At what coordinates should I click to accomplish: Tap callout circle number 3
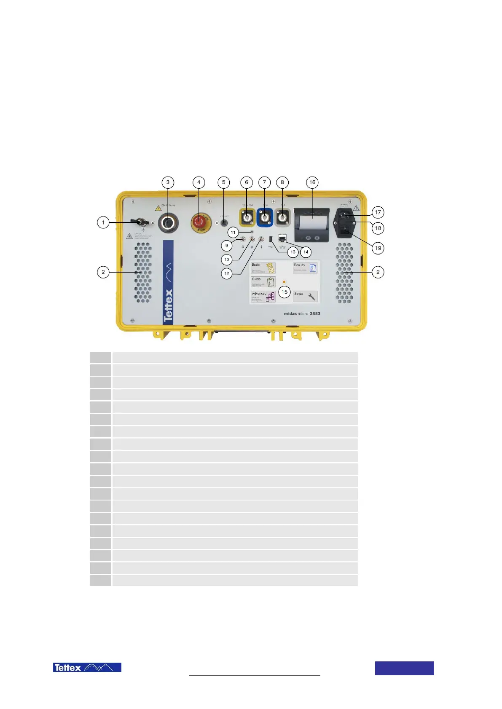tap(168, 182)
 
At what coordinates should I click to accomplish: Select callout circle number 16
tap(312, 182)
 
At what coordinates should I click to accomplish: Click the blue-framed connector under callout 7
tap(265, 218)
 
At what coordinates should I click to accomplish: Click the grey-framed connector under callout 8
tap(282, 218)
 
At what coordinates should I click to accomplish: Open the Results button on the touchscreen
tap(305, 268)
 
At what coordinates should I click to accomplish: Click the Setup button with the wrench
tap(305, 296)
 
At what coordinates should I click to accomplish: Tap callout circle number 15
tap(285, 292)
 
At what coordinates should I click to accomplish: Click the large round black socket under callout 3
tap(168, 223)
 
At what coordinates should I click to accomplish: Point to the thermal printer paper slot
tap(312, 216)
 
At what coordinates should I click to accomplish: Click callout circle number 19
tap(378, 248)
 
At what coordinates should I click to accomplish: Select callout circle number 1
tap(103, 222)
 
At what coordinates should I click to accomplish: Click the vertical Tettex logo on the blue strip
tap(168, 305)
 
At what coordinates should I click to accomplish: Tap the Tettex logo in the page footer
tap(87, 667)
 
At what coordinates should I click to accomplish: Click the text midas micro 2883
tap(302, 313)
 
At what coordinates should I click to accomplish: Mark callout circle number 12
tap(227, 273)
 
